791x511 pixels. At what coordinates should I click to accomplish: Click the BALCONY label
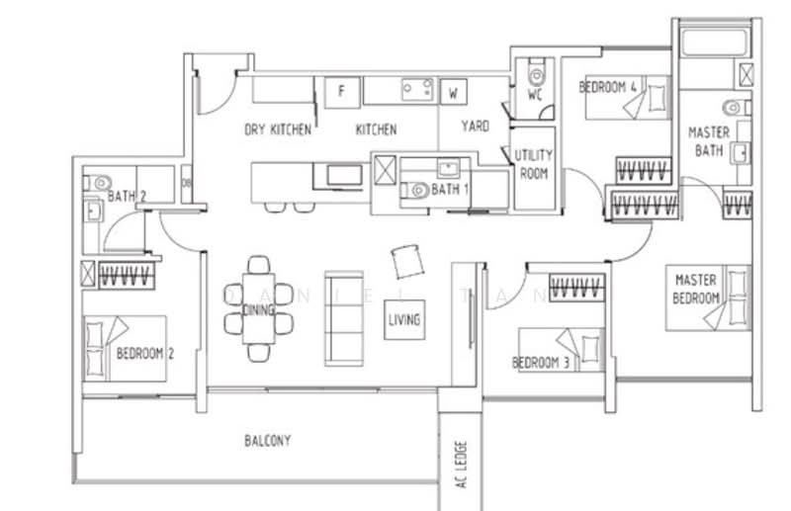[268, 441]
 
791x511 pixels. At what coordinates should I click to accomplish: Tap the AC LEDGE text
[461, 465]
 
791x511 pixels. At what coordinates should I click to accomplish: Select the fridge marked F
[342, 92]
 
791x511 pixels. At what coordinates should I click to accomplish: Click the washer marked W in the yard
[454, 92]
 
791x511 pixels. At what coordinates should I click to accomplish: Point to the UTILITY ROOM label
[534, 164]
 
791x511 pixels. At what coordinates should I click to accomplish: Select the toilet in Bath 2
[97, 182]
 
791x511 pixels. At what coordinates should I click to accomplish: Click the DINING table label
[259, 309]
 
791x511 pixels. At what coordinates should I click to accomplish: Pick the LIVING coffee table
[404, 320]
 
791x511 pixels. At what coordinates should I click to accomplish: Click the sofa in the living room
[344, 318]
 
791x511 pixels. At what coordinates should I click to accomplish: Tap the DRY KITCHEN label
[278, 129]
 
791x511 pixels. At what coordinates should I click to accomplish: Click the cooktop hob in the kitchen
[417, 90]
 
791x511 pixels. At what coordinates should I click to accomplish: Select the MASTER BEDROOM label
[696, 289]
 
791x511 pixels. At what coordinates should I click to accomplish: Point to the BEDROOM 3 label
[541, 363]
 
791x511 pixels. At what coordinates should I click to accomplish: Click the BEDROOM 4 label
[607, 87]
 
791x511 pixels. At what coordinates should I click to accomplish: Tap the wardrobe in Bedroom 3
[577, 288]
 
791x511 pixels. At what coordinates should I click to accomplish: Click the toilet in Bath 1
[415, 190]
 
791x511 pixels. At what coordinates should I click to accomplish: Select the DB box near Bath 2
[186, 184]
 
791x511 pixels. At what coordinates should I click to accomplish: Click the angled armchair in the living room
[407, 261]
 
